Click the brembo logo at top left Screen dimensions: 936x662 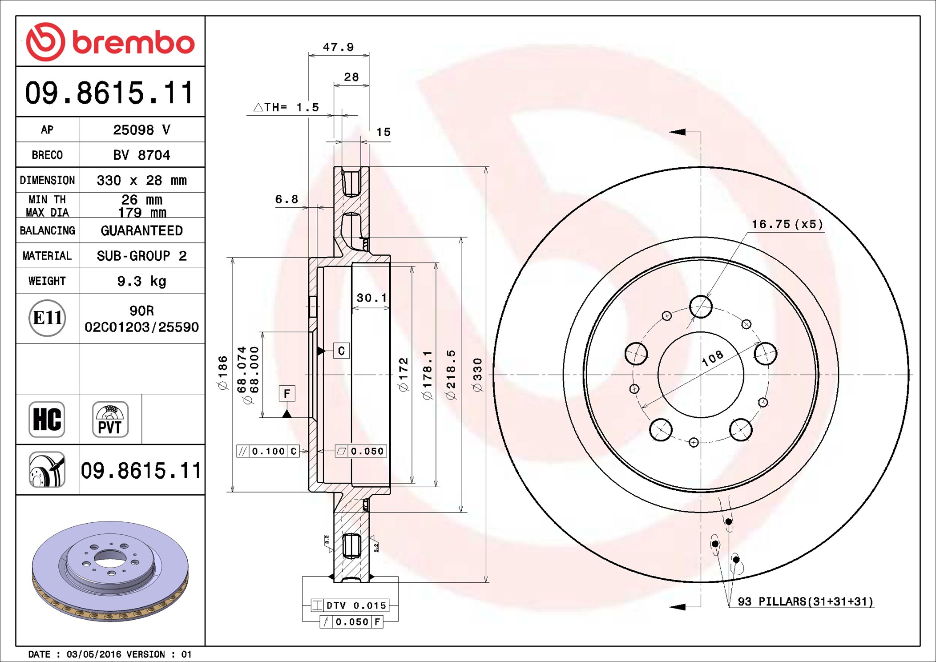tap(110, 42)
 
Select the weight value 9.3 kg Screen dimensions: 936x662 tap(141, 281)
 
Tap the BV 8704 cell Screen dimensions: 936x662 tap(141, 155)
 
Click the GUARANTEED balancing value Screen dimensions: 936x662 tap(141, 230)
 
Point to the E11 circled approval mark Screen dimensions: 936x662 tap(47, 318)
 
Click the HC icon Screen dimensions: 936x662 tap(47, 419)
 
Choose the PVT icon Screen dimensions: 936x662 tap(110, 419)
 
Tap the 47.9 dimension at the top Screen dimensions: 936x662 tap(338, 47)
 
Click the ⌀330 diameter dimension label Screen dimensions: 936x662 tap(477, 375)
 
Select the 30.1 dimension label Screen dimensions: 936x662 tap(372, 298)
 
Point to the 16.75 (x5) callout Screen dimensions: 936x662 tap(787, 224)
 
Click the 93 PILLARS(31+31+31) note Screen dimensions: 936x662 tap(805, 601)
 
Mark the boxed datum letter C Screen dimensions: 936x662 tap(341, 351)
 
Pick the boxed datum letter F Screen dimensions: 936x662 tap(287, 393)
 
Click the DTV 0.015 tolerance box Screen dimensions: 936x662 tap(350, 605)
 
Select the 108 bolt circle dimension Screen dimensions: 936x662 tap(713, 358)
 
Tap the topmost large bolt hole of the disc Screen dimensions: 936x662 tap(701, 307)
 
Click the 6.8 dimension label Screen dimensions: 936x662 tap(286, 199)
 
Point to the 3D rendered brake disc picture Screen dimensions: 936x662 tap(110, 571)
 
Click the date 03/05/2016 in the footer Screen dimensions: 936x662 tap(94, 654)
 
